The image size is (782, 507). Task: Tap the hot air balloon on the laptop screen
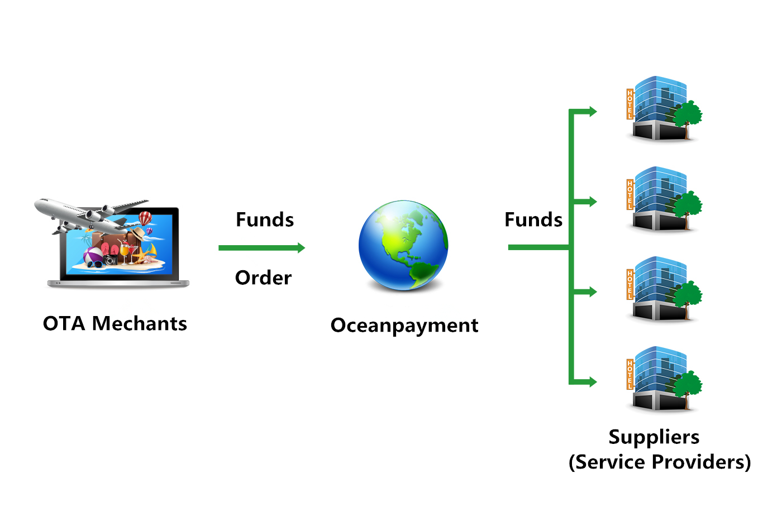tap(145, 218)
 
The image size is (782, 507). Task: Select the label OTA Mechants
tap(115, 324)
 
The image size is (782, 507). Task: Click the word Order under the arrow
tap(263, 278)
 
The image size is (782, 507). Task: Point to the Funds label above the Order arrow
tap(265, 220)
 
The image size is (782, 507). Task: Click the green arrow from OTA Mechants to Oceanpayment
tap(261, 248)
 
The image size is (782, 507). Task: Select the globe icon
tap(403, 246)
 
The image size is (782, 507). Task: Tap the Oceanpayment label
tap(404, 325)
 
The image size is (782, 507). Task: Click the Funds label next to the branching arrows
tap(533, 220)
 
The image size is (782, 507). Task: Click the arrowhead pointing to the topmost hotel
tap(592, 112)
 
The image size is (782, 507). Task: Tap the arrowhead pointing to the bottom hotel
tap(592, 382)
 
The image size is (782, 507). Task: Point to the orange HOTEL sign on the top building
tap(630, 104)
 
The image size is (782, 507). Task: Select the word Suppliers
tap(654, 437)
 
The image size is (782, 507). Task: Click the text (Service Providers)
tap(660, 462)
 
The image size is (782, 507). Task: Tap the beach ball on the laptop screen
tap(92, 256)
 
